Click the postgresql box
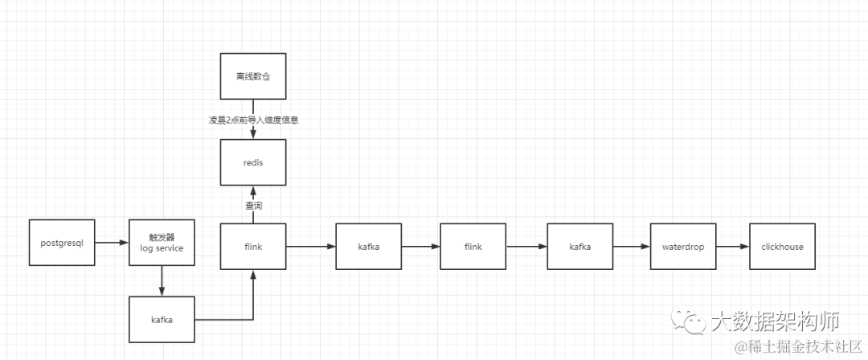point(62,242)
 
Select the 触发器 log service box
point(162,242)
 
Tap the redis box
point(253,162)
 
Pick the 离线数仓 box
point(253,76)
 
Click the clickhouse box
point(782,247)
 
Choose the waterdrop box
point(682,247)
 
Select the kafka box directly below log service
point(162,320)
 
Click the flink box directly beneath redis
point(253,247)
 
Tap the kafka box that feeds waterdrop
point(579,247)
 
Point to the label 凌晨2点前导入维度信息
point(253,120)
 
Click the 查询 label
point(253,206)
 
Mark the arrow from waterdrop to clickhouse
point(732,247)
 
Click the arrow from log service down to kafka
point(162,280)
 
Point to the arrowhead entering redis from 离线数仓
point(253,134)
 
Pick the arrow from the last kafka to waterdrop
point(631,247)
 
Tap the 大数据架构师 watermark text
point(775,322)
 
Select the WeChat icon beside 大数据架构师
point(692,323)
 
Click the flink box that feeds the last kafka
point(473,247)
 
